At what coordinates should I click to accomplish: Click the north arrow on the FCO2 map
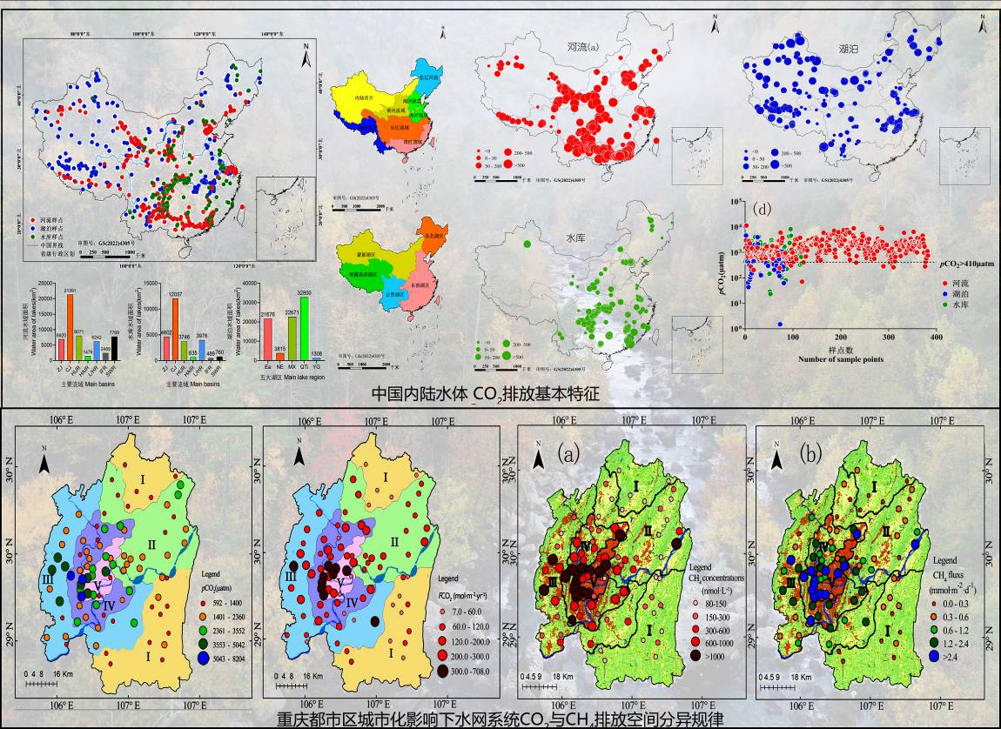[299, 454]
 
